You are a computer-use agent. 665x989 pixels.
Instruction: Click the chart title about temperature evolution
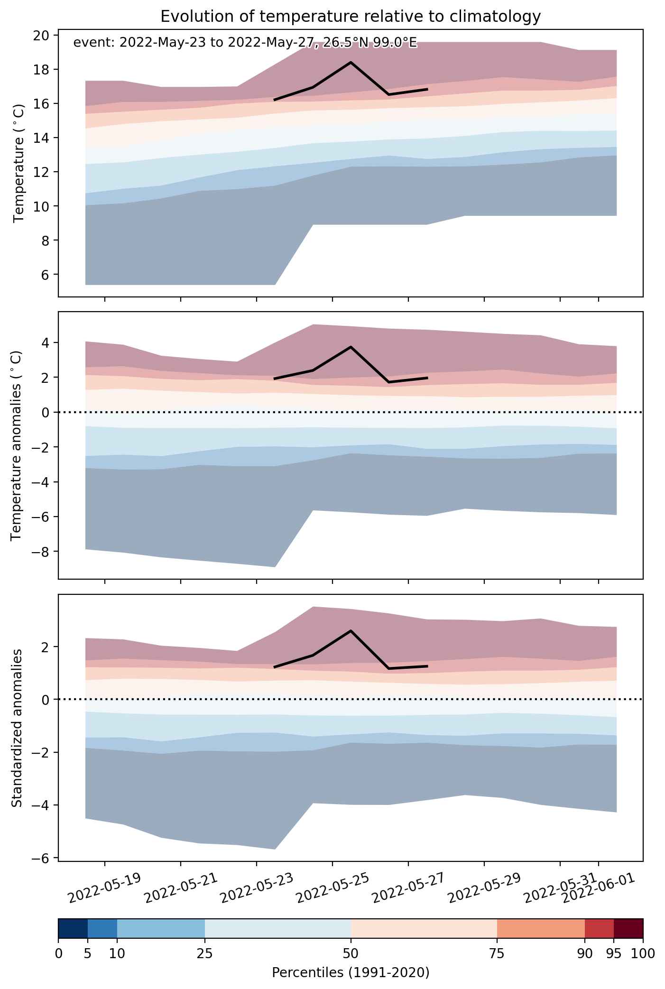pyautogui.click(x=351, y=17)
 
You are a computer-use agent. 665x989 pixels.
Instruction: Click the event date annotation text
pyautogui.click(x=245, y=43)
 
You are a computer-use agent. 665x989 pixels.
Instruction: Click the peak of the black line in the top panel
pyautogui.click(x=351, y=62)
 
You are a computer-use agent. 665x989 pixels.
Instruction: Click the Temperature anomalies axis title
pyautogui.click(x=17, y=445)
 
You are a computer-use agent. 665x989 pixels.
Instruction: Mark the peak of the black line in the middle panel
pyautogui.click(x=351, y=347)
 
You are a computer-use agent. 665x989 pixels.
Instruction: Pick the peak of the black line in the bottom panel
pyautogui.click(x=351, y=630)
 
